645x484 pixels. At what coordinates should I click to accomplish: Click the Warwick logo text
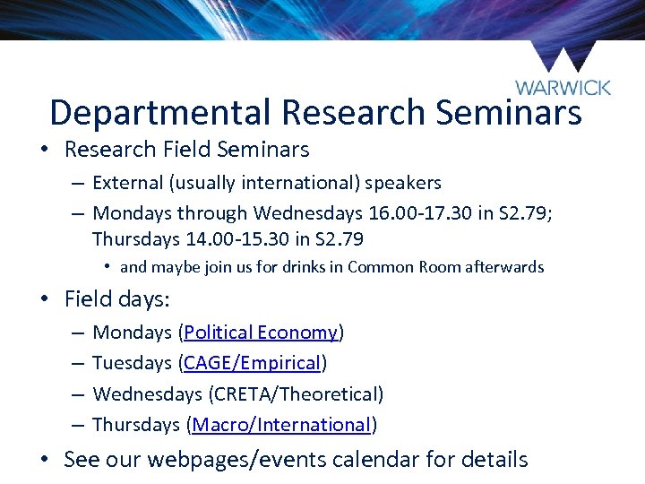pos(563,87)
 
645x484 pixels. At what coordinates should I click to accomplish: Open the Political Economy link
pos(261,333)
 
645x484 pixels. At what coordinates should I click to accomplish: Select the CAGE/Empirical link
pos(253,363)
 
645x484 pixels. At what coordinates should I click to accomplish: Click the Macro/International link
pos(281,424)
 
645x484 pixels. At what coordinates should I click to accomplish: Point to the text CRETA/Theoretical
pos(294,393)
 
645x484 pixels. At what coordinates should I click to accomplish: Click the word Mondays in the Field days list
pos(133,333)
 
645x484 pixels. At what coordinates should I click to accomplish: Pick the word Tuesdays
pos(133,363)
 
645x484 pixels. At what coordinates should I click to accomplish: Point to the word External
pos(127,183)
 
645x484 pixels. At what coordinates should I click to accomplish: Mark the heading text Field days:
pos(117,298)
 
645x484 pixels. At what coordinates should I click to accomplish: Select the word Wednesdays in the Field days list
pos(147,393)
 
